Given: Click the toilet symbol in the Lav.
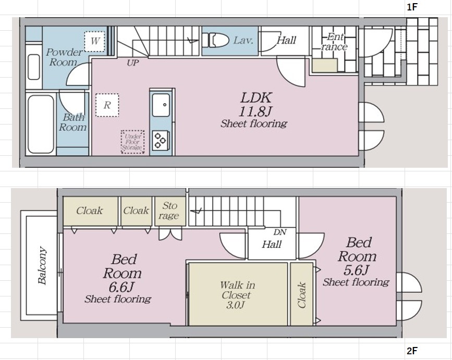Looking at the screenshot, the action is (215, 40).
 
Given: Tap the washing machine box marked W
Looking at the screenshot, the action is (94, 42).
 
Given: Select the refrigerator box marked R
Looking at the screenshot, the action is (107, 105).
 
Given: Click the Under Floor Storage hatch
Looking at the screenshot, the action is (132, 142).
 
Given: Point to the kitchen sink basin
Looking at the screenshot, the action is (161, 105).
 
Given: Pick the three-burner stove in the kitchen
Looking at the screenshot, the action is (160, 141).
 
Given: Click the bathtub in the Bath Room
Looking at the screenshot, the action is (41, 125).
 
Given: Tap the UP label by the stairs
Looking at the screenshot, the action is (133, 63).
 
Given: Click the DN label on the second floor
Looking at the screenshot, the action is (280, 232).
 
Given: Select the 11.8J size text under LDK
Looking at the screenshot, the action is (255, 111).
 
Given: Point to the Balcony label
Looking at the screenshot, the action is (42, 265).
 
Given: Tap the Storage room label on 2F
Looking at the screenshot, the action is (169, 210).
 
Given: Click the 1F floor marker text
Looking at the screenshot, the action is (412, 7).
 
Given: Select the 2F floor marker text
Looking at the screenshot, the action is (412, 351).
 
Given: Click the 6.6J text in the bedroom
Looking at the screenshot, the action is (121, 287).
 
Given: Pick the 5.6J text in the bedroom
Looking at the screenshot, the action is (356, 270).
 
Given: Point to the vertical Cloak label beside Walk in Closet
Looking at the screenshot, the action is (301, 295).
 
